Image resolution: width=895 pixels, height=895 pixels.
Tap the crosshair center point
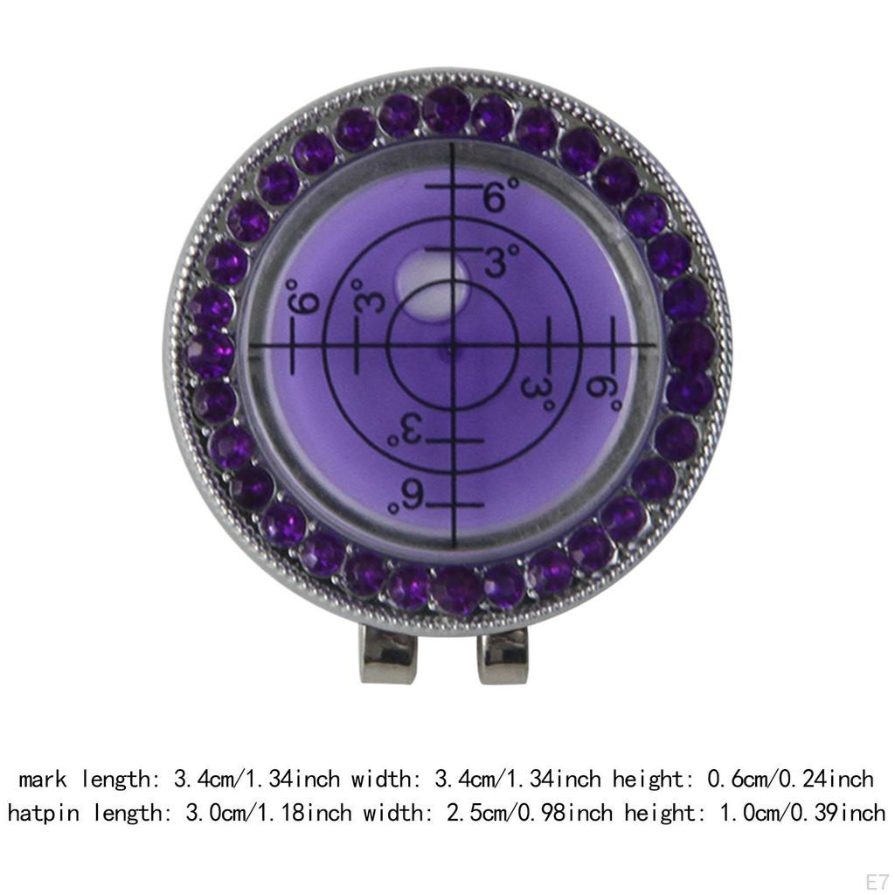pyautogui.click(x=454, y=346)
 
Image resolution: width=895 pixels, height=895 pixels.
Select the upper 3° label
pyautogui.click(x=501, y=260)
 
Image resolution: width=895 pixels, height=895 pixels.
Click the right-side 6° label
pyautogui.click(x=604, y=392)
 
